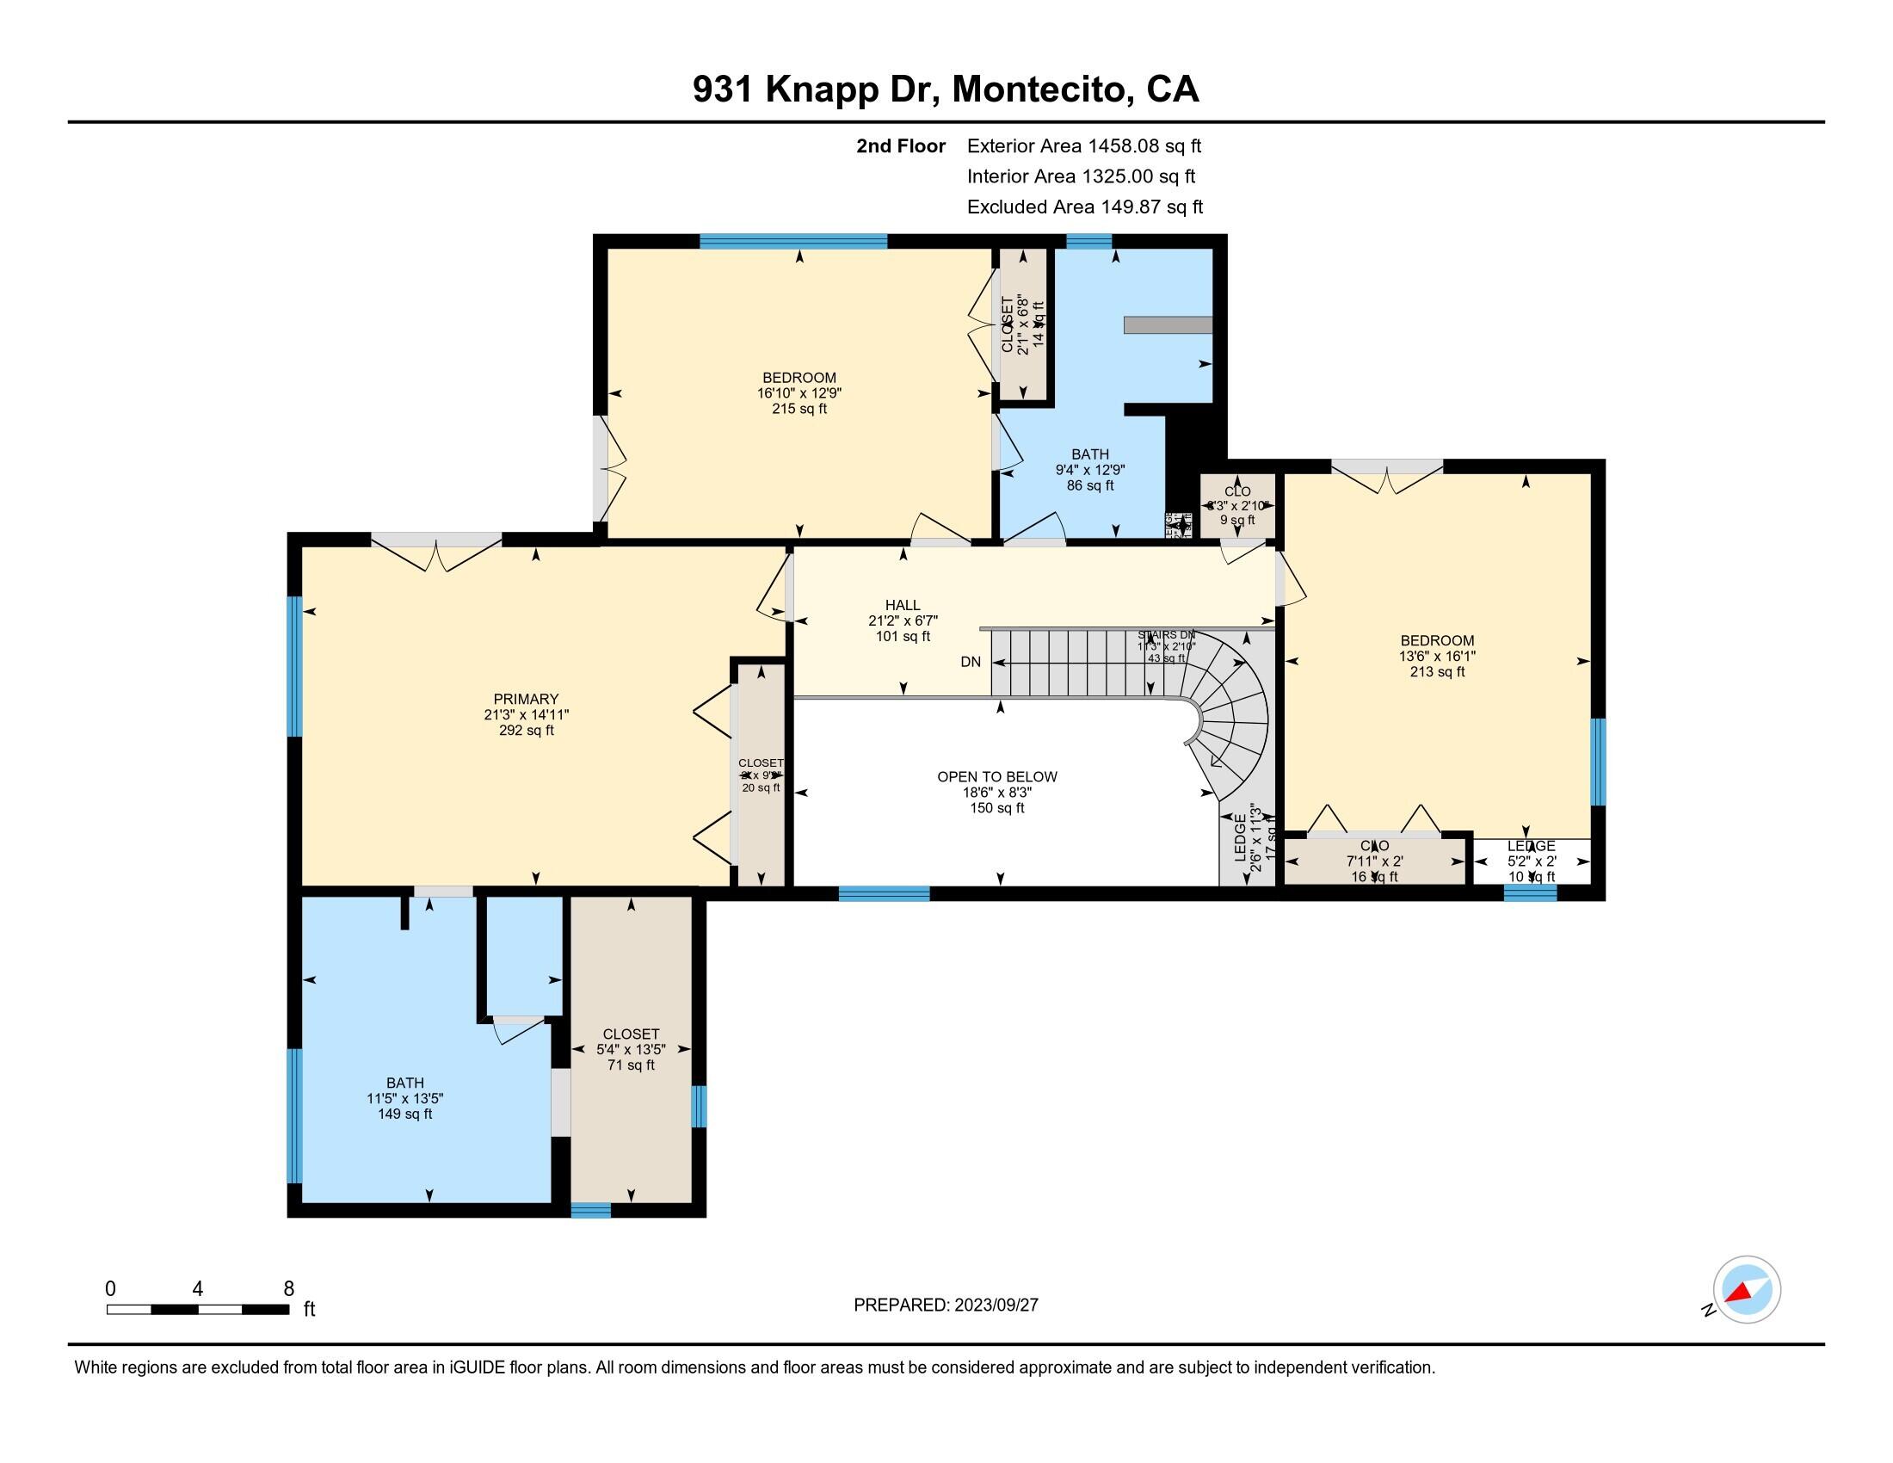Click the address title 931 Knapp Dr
pos(945,90)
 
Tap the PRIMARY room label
pos(526,714)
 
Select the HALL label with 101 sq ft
pos(903,620)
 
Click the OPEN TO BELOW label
pos(996,791)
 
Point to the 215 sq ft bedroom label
pos(799,392)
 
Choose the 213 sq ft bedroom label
pos(1436,656)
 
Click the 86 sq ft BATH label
pos(1089,470)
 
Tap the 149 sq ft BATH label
pos(404,1098)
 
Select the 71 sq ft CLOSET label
pos(631,1049)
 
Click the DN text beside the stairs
pos(970,662)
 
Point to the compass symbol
pos(1746,1290)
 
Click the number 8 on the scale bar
pos(288,1289)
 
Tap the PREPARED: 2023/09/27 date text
pos(946,1306)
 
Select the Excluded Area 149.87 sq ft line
pos(1084,207)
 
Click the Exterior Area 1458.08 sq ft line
pos(1083,146)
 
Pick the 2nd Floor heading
pos(901,146)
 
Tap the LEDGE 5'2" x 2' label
pos(1531,861)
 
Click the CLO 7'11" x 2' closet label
pos(1374,861)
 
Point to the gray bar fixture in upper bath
pos(1167,325)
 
